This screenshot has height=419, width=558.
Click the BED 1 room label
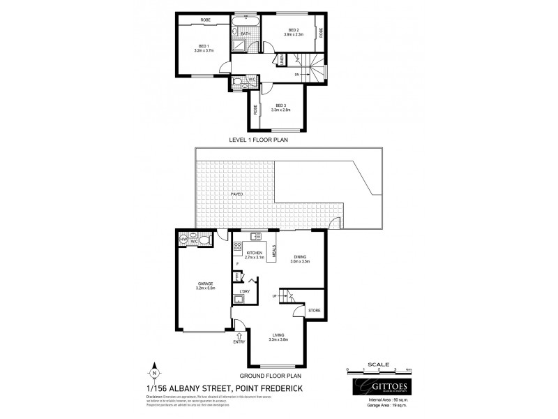click(203, 46)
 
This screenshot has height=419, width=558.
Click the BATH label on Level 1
click(246, 34)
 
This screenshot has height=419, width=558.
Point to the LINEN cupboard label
click(281, 62)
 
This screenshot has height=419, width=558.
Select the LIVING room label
click(279, 335)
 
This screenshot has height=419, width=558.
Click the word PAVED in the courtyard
click(238, 193)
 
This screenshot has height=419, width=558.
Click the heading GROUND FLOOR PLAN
click(273, 375)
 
